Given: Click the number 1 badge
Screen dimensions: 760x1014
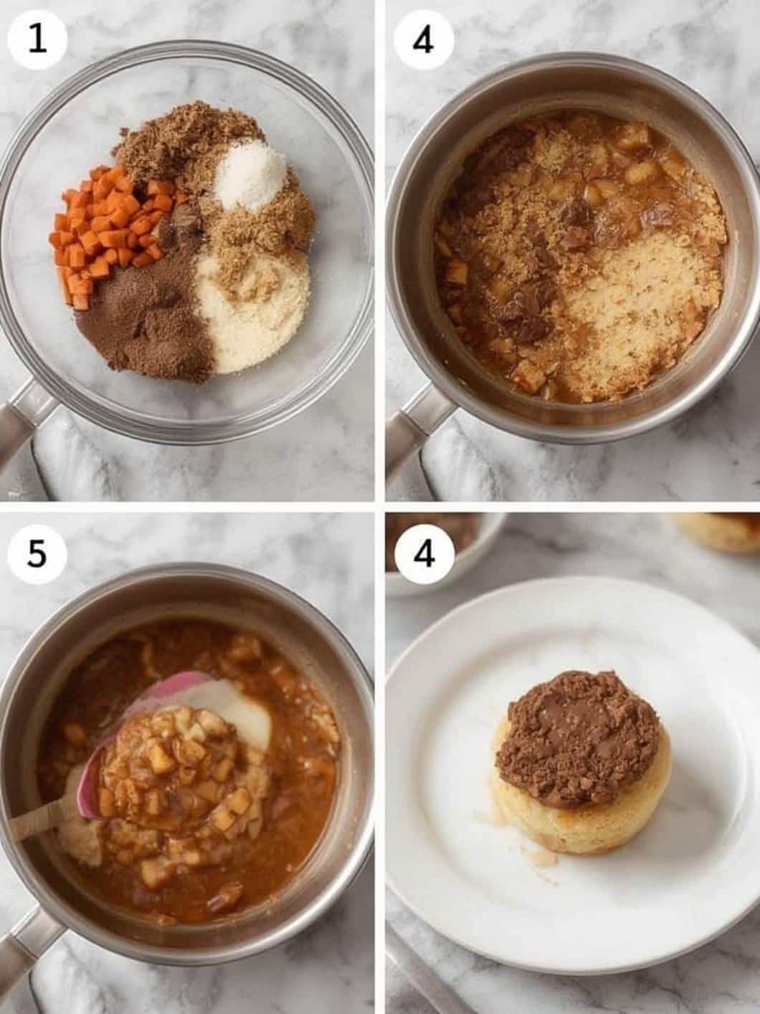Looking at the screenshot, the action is pos(38,40).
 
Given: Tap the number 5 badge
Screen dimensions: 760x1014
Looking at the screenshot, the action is pos(38,554).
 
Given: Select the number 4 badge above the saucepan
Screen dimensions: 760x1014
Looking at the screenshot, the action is pos(424,40).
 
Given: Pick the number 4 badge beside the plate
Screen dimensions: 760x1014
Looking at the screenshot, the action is pos(424,554).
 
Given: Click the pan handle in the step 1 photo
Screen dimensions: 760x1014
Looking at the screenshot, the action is pos(23,420).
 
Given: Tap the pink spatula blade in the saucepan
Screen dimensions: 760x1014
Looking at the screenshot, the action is pos(153,721).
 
